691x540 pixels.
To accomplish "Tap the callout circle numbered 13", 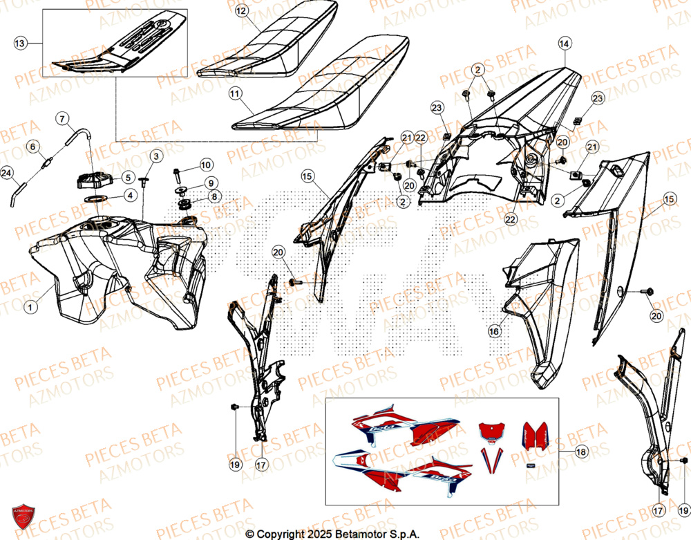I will (21, 44).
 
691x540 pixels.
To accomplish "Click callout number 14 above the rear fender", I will (564, 44).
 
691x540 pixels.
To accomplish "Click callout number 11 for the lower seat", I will (236, 92).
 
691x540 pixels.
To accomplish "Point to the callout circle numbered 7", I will (62, 120).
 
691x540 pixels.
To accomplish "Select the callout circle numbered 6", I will (32, 146).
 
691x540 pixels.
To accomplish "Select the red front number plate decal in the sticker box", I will (492, 431).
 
